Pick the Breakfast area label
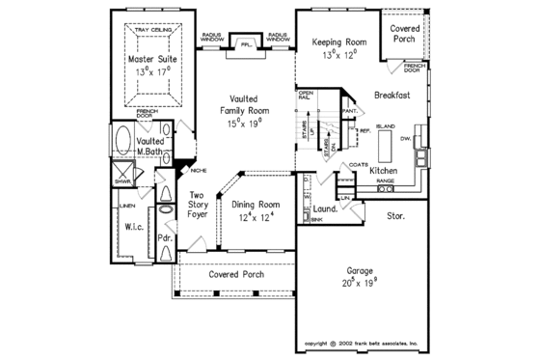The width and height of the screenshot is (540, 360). coord(394,96)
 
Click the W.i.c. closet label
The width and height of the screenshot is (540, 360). coord(134,228)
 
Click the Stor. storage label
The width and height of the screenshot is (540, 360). coord(394,216)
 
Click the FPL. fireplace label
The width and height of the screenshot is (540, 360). coord(246,42)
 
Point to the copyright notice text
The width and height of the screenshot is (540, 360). coord(361,343)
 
